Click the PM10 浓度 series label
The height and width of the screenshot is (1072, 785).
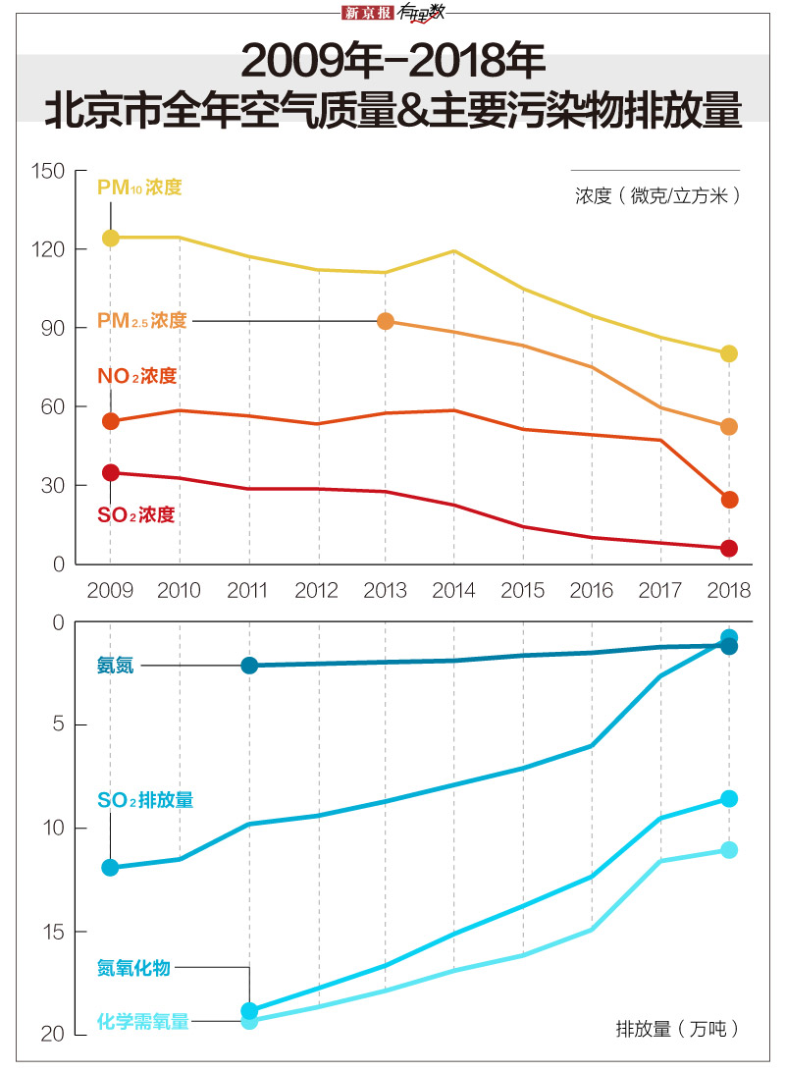[139, 187]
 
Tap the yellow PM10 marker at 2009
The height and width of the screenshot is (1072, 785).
[110, 238]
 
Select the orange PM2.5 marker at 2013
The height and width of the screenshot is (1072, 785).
[386, 321]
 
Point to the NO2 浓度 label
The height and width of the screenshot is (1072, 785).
[137, 376]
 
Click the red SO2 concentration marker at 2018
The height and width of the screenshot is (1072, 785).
[728, 548]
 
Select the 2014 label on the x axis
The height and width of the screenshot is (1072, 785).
[454, 590]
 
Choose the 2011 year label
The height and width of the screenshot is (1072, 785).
[247, 590]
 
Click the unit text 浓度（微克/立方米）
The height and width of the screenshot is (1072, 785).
[656, 195]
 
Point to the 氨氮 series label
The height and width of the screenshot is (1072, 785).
[115, 666]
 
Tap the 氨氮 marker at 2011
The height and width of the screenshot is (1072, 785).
[249, 666]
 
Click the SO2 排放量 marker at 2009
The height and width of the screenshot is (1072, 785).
[110, 867]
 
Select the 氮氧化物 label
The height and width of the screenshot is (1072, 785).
[133, 968]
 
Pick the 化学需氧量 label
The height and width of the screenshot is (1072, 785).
[142, 1021]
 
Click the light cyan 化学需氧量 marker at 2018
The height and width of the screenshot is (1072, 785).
[728, 849]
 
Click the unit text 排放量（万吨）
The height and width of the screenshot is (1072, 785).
[676, 1029]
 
